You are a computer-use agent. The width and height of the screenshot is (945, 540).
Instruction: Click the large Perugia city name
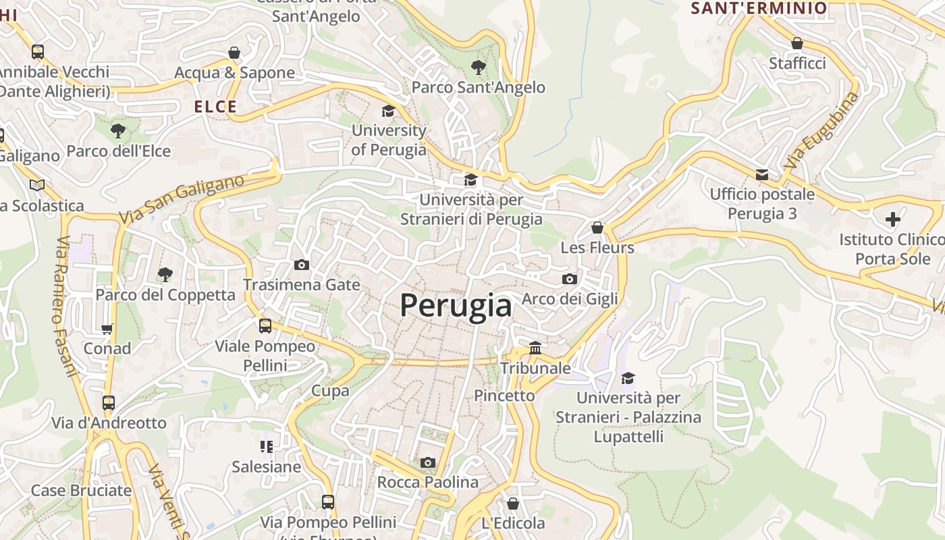tap(456, 306)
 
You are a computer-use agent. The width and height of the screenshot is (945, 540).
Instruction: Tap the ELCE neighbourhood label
tap(215, 107)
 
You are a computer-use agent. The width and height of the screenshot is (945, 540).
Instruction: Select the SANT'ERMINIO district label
tap(759, 8)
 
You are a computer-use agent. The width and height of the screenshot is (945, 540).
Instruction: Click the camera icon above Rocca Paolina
tap(427, 462)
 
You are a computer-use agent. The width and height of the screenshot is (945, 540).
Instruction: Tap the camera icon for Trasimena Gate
tap(302, 265)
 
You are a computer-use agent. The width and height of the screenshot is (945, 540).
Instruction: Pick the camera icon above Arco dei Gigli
tap(570, 279)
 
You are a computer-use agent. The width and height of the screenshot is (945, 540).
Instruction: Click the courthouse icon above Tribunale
tap(535, 348)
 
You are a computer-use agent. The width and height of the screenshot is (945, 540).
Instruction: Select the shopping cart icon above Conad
tap(107, 329)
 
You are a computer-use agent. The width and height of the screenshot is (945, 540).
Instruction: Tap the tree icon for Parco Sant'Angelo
tap(479, 67)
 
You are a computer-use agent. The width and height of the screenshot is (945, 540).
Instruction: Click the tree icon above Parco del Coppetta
tap(165, 274)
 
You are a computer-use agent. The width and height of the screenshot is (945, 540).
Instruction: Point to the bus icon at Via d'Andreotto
tap(109, 403)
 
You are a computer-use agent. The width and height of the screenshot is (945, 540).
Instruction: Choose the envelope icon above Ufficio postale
tap(762, 175)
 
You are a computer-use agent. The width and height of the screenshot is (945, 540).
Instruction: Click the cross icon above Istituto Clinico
tap(893, 219)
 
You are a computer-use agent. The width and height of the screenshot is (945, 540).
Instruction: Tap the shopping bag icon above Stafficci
tap(797, 43)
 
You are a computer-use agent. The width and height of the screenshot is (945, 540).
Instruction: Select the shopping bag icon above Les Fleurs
tap(597, 227)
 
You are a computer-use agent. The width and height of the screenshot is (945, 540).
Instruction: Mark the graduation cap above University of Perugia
tap(388, 111)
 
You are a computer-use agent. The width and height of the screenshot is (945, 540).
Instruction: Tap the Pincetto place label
tap(504, 396)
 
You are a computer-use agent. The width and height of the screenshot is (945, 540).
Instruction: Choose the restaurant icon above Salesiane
tap(266, 446)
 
